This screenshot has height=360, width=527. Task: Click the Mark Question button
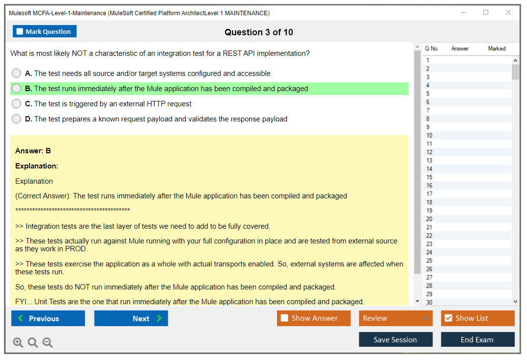(45, 31)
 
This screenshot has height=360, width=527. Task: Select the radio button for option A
(17, 73)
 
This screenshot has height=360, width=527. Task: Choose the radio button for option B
(17, 88)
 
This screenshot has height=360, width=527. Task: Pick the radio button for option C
(17, 103)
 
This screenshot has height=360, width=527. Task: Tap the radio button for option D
(17, 119)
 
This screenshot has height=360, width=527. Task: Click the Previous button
(48, 318)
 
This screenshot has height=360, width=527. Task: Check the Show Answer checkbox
(284, 318)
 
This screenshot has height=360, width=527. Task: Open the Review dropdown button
(396, 318)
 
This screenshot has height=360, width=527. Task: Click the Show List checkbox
(449, 318)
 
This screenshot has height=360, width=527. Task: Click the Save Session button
(396, 339)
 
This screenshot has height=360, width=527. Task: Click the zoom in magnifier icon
(18, 342)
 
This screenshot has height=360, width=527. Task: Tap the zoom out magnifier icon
(48, 342)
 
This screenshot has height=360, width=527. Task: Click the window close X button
(508, 12)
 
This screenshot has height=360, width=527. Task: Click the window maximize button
(486, 12)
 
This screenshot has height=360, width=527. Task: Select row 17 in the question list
(467, 194)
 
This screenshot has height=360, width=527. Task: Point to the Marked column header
(497, 48)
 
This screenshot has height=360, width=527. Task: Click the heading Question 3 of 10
(259, 32)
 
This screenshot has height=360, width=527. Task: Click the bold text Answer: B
(33, 151)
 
